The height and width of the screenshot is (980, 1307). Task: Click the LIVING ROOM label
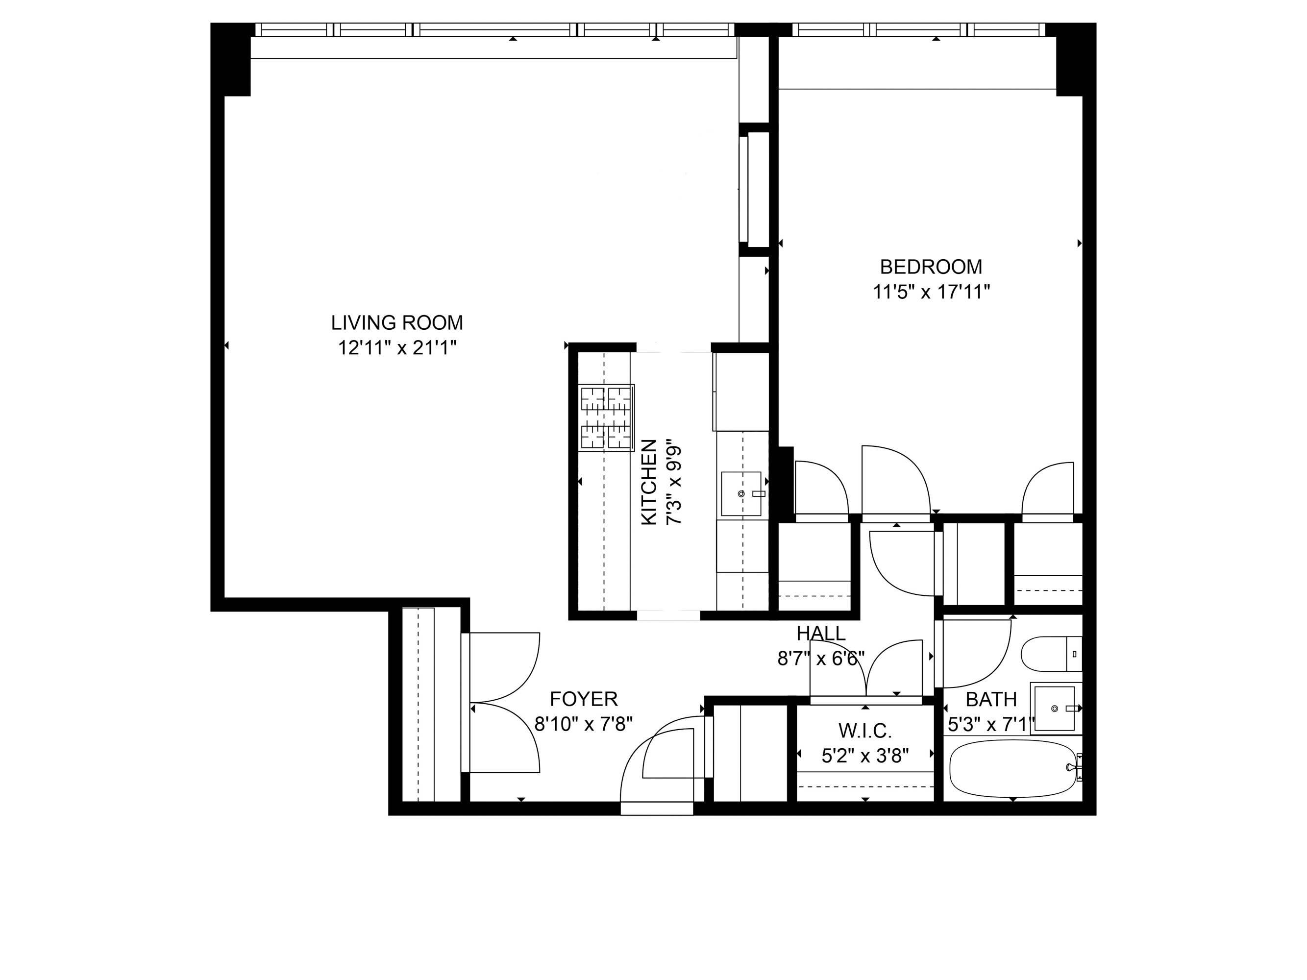pos(396,322)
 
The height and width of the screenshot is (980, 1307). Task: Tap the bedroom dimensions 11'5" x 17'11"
pos(931,292)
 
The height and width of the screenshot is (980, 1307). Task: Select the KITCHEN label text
pos(649,482)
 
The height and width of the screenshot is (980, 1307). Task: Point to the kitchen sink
pos(741,493)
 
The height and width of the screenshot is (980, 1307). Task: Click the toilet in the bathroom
pos(1052,654)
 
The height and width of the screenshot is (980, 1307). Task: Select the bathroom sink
pos(1055,708)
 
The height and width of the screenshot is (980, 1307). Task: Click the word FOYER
pos(584,699)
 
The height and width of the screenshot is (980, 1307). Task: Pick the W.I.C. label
pos(865,731)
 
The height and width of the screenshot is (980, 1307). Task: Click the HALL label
pos(821,633)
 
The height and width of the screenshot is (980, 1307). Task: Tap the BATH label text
pos(991,699)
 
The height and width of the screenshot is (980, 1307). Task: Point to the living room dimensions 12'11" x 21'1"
pos(397,348)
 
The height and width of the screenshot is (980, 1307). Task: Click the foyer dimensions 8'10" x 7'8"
pos(584,724)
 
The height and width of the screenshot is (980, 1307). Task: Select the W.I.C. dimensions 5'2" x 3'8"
pos(865,756)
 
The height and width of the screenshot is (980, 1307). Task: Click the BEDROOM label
pos(931,267)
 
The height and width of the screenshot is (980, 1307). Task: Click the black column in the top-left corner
pos(231,59)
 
